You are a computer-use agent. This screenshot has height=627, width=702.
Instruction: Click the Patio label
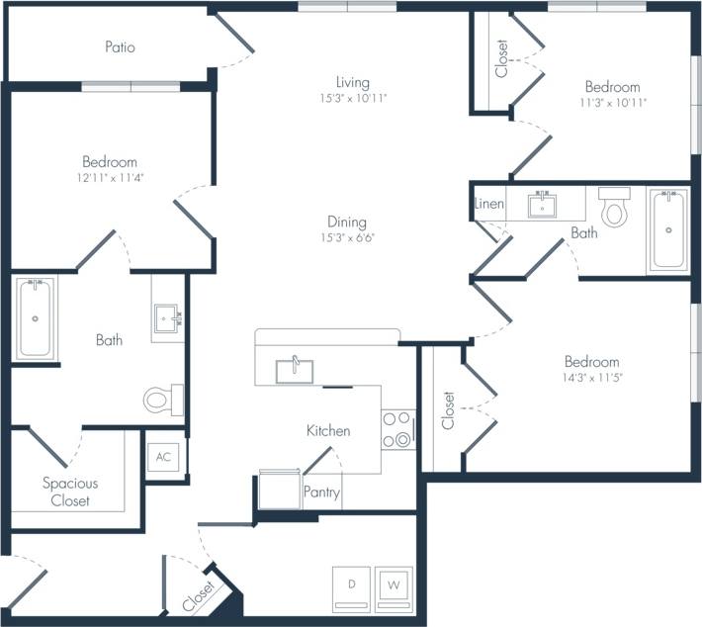[119, 46]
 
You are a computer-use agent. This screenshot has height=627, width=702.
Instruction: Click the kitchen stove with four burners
[397, 429]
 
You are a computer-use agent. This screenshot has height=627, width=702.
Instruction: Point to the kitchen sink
[295, 370]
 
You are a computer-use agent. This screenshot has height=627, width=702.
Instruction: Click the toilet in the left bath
[161, 400]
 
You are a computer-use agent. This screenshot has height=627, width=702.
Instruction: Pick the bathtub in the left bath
[35, 317]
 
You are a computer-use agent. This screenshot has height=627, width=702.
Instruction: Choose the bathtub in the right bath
[669, 230]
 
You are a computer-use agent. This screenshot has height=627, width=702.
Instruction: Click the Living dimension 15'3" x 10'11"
[352, 99]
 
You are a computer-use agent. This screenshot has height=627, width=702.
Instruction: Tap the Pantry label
[321, 492]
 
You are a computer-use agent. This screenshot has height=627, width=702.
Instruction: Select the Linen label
[489, 204]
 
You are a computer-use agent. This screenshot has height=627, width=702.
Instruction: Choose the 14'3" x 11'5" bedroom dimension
[592, 378]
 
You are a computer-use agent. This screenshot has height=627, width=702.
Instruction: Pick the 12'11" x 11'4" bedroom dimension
[110, 178]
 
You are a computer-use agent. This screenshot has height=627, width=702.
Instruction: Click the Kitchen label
[328, 431]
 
